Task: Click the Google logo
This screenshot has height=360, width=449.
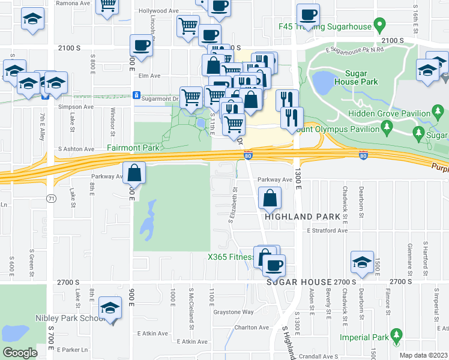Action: click(20, 353)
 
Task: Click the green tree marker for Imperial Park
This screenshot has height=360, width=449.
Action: click(396, 334)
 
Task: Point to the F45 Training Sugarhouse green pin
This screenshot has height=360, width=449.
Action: click(379, 26)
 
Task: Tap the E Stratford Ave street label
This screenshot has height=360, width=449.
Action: click(327, 230)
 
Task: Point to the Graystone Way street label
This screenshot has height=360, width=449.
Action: click(234, 312)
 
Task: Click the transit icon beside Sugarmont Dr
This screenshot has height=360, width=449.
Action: click(137, 95)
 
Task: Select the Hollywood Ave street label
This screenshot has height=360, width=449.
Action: click(158, 11)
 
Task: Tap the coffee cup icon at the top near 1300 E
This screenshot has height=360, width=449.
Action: click(308, 14)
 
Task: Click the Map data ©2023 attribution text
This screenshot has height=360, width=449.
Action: click(424, 355)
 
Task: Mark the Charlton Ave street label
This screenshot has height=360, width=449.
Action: click(252, 328)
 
